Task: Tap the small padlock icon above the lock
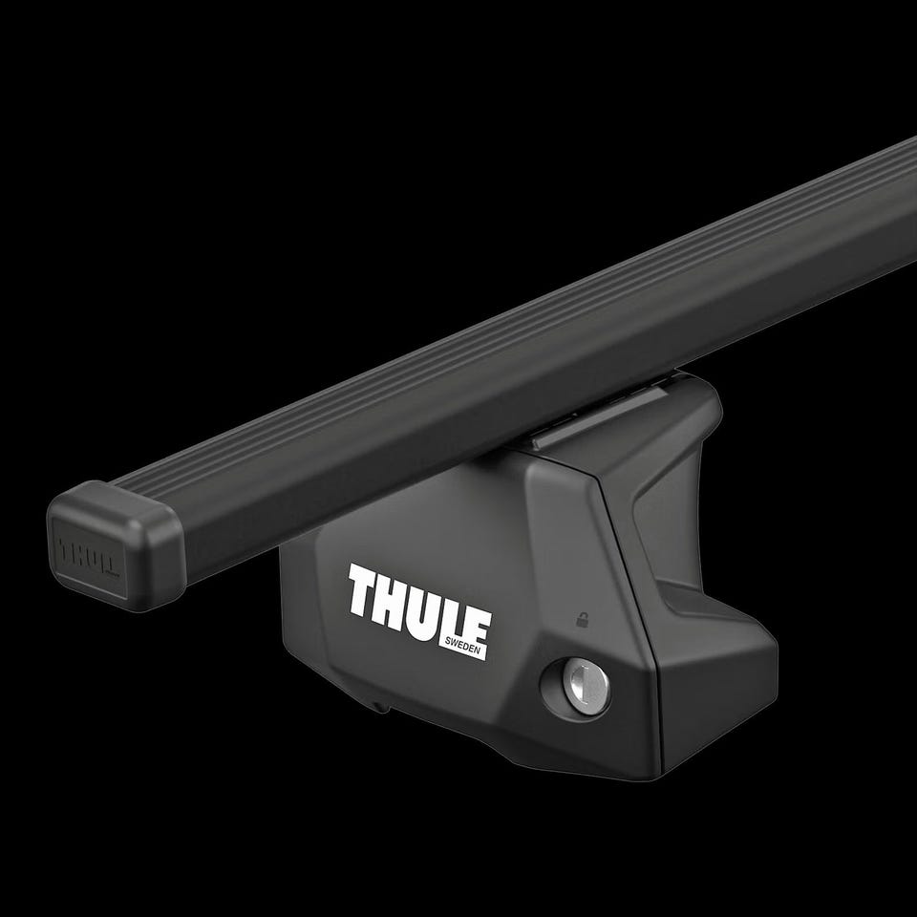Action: pyautogui.click(x=582, y=620)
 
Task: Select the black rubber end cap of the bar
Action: pyautogui.click(x=116, y=546)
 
